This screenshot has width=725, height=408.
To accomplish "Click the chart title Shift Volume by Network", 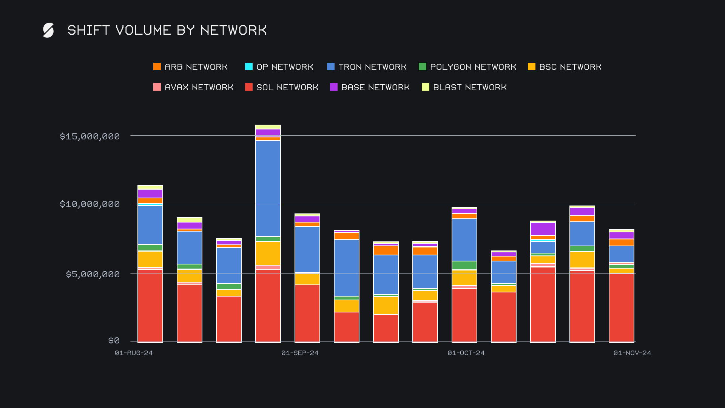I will [x=167, y=30].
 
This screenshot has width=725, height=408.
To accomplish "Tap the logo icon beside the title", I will [x=48, y=30].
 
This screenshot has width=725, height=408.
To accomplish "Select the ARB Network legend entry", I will [x=191, y=67].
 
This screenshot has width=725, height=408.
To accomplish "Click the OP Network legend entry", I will [x=279, y=67].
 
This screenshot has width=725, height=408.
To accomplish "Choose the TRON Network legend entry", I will [x=367, y=67].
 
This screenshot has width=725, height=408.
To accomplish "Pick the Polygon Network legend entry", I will [x=467, y=67].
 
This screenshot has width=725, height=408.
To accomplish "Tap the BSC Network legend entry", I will [x=565, y=67].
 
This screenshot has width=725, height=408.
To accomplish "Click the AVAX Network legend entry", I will [x=193, y=87].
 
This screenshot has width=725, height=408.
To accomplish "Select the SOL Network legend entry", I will [x=282, y=87].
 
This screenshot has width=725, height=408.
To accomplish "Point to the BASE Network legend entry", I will [x=370, y=87].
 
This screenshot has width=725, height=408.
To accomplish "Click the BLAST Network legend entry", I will [x=464, y=87].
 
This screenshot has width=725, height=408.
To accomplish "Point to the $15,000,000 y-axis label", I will [x=90, y=136].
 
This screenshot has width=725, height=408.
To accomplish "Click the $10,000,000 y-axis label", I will [x=90, y=204].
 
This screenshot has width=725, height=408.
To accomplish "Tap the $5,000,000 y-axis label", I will [x=93, y=274].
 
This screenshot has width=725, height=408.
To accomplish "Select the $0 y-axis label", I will [x=114, y=341].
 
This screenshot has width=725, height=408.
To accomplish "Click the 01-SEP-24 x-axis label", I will [x=300, y=353].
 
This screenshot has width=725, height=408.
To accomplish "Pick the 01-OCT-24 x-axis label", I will [x=466, y=353].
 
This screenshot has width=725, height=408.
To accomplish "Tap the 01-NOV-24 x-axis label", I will [x=632, y=353].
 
